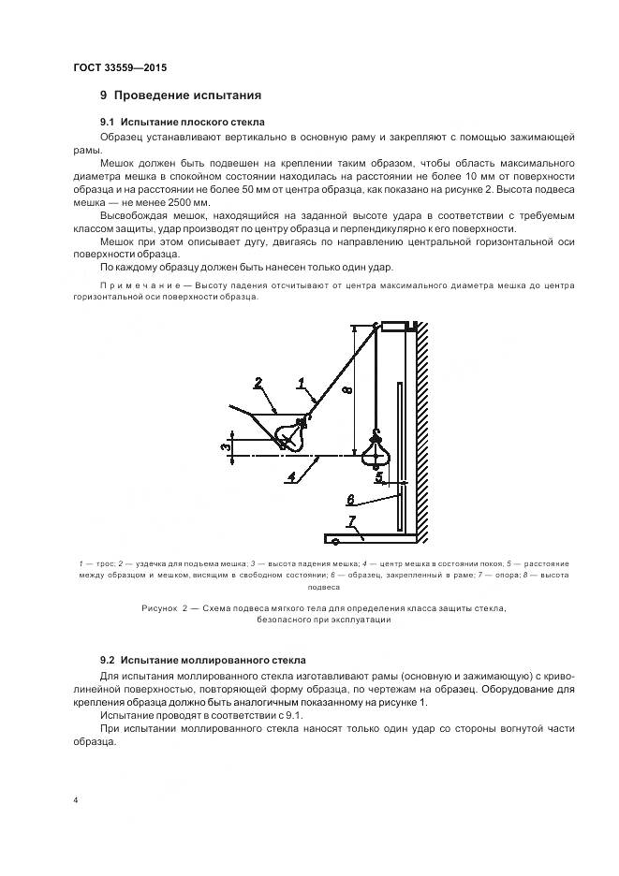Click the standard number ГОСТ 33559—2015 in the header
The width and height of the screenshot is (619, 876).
[120, 67]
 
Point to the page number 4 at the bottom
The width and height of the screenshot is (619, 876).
[76, 801]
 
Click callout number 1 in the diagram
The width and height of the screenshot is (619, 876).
[302, 382]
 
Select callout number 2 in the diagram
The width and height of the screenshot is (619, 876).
[258, 383]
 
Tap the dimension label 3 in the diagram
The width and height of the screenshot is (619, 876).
[225, 446]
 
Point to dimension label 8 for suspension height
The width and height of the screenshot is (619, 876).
[346, 390]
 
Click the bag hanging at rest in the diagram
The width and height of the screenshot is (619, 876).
[376, 451]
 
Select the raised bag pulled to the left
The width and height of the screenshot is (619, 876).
[291, 432]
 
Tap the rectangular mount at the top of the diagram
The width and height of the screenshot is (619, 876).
[395, 327]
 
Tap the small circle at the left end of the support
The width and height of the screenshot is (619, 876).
[329, 541]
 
